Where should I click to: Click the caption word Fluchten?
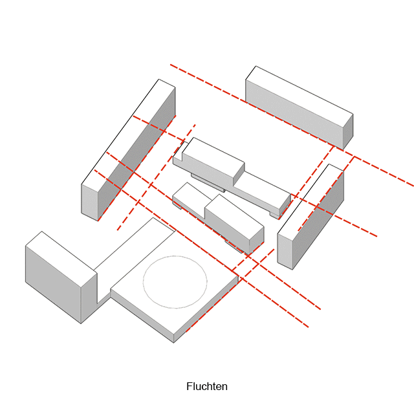(207, 387)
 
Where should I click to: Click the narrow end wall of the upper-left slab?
(89, 201)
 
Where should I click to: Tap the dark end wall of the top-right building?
(347, 132)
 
